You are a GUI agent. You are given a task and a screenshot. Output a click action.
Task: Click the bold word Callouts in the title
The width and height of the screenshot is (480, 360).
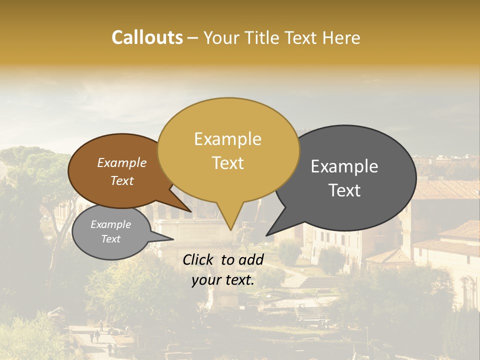[x=147, y=37]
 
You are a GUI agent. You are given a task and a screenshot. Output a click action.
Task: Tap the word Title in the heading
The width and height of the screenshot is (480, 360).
[x=265, y=37]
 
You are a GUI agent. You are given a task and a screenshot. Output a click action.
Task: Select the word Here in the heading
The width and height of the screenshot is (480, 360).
[x=341, y=37]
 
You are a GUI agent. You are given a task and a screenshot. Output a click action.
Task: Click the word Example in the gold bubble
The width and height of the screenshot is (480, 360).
[x=227, y=139]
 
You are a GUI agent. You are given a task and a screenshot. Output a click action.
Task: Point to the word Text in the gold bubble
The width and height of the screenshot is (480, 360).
[x=227, y=163]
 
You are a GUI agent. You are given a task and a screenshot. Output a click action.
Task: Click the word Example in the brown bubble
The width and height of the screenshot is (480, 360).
[x=121, y=163]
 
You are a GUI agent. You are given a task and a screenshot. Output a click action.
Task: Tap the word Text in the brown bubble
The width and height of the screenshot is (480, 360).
[x=121, y=180]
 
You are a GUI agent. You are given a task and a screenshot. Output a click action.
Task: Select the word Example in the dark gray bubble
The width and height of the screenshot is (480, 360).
[x=344, y=166]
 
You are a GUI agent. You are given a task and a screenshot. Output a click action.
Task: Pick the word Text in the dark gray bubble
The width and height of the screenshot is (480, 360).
[x=344, y=190]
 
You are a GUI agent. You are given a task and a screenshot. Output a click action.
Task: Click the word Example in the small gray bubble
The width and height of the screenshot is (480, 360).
[x=110, y=224]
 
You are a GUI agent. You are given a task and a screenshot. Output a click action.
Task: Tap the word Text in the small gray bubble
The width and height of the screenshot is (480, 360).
[x=110, y=239]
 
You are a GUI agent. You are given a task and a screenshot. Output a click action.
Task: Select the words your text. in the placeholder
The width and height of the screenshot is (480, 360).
[x=223, y=280]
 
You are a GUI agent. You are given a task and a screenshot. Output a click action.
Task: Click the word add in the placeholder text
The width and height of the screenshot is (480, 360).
[x=251, y=259]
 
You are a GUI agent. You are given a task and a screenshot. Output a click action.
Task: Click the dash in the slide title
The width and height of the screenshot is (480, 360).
[x=193, y=37]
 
